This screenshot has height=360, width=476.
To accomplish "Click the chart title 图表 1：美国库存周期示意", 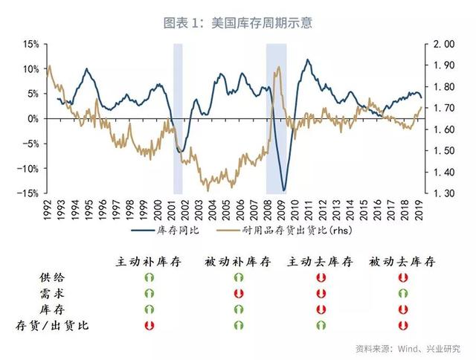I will click(x=237, y=22).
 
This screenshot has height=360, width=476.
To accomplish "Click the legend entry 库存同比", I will click(x=173, y=231).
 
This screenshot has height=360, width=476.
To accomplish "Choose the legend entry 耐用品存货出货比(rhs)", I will click(x=297, y=231).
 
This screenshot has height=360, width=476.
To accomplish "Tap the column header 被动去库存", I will click(x=402, y=262).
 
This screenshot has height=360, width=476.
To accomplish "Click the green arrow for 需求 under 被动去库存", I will click(x=402, y=294).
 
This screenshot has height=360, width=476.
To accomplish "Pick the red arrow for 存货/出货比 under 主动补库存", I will click(x=149, y=325).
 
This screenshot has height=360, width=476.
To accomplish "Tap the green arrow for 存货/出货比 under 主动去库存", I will click(x=321, y=325).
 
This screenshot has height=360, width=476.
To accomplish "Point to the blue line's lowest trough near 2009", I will click(x=283, y=190).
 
